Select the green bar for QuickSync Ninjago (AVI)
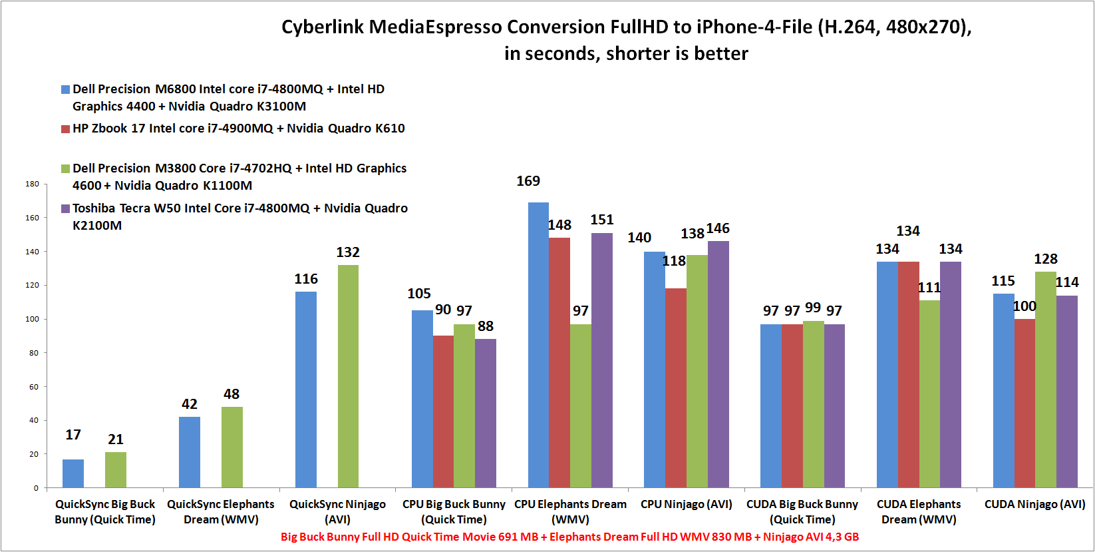pos(348,376)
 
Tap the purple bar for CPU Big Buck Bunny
pos(485,413)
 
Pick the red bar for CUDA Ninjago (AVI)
pos(1024,403)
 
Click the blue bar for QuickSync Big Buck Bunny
pos(73,473)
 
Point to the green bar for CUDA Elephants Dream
pos(929,394)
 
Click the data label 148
pos(559,225)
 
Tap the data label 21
pos(116,439)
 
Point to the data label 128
pos(1046,259)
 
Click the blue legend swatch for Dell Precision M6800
pos(65,89)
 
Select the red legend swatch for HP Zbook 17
pos(65,129)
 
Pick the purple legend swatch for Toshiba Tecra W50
pos(65,208)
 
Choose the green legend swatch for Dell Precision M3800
pos(65,168)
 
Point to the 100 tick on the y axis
pos(32,319)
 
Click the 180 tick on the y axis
pos(32,184)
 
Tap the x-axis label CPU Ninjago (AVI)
pos(686,504)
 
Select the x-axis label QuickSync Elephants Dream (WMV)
pos(221,511)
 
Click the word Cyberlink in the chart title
pos(323,27)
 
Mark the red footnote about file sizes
pos(569,537)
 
